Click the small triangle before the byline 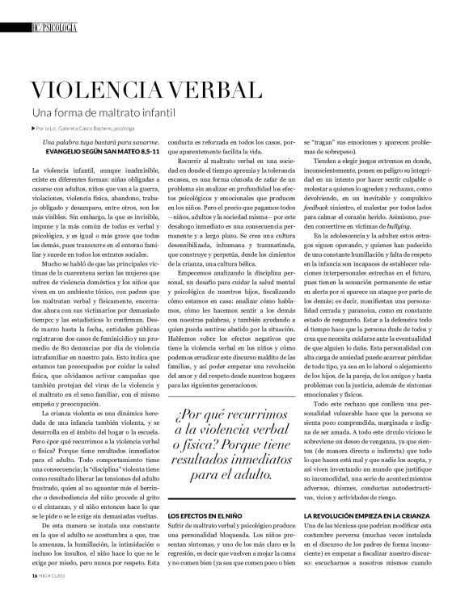coord(33,128)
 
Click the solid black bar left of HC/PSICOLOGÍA coord(13,27)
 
